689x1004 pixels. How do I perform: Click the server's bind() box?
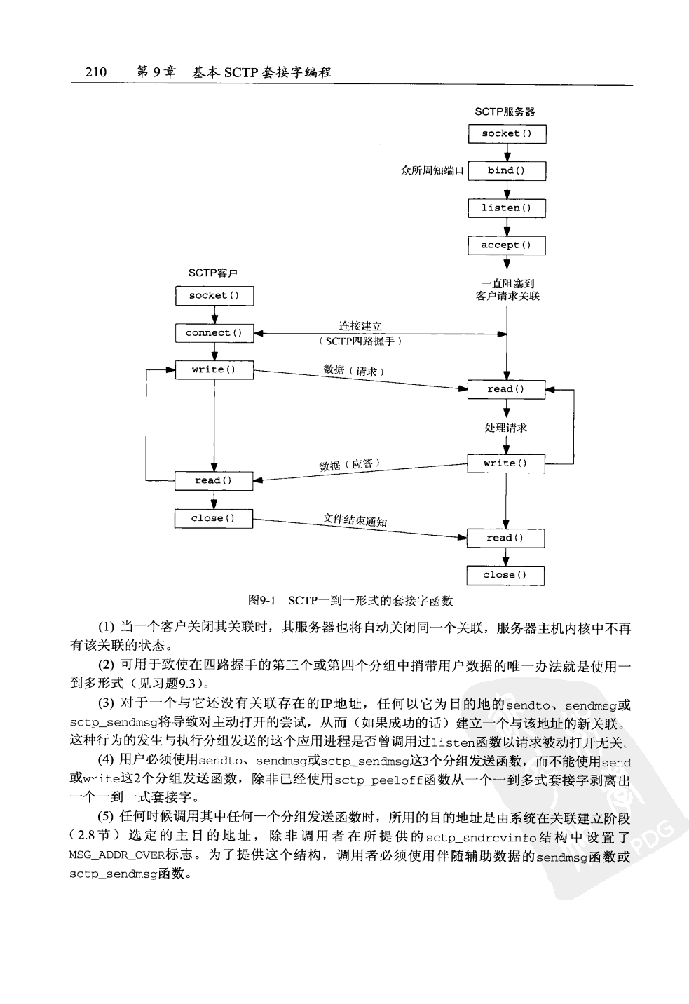coord(506,170)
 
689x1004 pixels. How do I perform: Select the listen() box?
coord(506,208)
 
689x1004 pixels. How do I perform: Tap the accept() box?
coord(506,245)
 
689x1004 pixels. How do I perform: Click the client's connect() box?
coord(214,333)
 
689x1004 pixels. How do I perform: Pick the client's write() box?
coord(214,369)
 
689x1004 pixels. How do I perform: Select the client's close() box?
coord(213,518)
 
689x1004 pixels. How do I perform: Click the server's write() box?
coord(505,463)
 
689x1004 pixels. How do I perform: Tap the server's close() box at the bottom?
coord(505,575)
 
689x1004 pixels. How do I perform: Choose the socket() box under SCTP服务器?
coord(506,133)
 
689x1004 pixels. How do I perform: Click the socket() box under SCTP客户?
coord(214,296)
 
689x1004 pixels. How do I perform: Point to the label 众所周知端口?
coord(432,170)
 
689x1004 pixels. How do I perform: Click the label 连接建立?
coord(360,326)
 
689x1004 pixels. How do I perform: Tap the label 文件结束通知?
coord(355,520)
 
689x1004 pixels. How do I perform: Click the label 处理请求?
coord(505,428)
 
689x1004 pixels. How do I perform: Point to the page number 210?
coord(95,72)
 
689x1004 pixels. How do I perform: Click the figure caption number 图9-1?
coord(263,601)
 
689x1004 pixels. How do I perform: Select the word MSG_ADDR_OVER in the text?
coord(103,857)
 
